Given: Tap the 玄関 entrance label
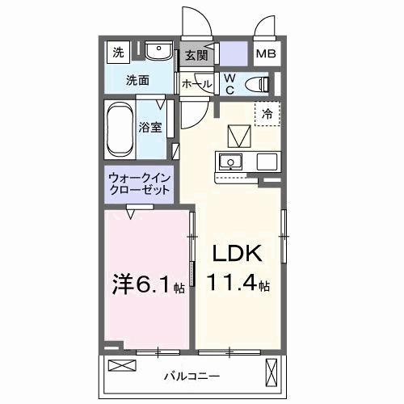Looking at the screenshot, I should coord(196,56).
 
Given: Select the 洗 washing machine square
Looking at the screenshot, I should coord(119,53).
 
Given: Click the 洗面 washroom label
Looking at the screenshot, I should coord(137,80).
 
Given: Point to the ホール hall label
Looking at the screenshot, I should coord(197,84).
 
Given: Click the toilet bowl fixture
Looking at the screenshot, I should coord(257,82).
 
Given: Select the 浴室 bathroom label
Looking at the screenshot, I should coord(151,127).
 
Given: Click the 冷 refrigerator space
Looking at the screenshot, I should coord(267,113).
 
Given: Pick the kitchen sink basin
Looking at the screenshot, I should coord(231,161).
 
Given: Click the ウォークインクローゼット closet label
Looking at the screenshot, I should coord(139,184).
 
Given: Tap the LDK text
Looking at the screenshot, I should coord(236,254).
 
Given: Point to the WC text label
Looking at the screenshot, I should coord(229,83).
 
